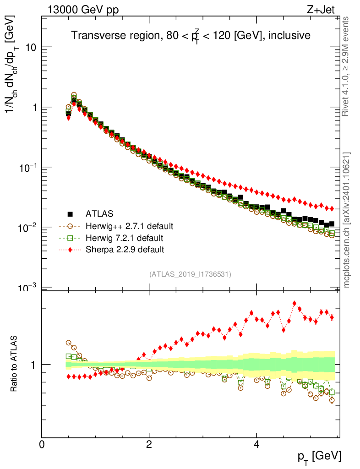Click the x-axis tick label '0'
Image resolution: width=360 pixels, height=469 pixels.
[42, 444]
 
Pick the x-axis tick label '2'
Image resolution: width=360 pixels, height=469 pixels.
[149, 444]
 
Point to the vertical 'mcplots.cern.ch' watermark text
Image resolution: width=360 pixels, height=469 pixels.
[347, 220]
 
